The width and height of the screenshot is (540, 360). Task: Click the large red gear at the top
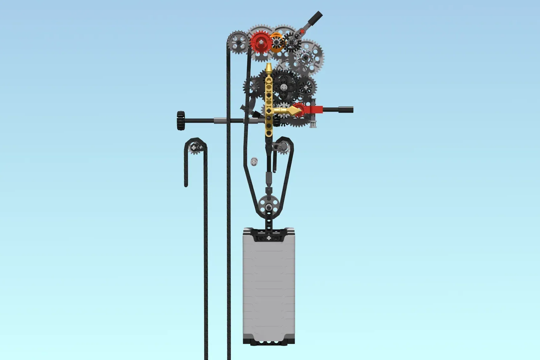pos(260,42)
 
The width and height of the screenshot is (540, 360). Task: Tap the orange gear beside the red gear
pos(276,42)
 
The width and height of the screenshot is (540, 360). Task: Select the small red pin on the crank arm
pos(302,31)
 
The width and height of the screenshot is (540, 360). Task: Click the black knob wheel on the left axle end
pos(181,120)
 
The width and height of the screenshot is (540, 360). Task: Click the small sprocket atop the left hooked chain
pos(195,148)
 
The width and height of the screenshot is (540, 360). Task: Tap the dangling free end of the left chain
pos(186,184)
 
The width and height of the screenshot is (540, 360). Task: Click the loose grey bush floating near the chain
pos(254,161)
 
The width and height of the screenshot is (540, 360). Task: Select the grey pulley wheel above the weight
pos(269,204)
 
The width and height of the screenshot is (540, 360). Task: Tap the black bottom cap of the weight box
pos(269,341)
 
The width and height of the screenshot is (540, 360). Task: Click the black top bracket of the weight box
pos(269,234)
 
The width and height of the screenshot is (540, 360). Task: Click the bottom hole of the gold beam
pos(269,133)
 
